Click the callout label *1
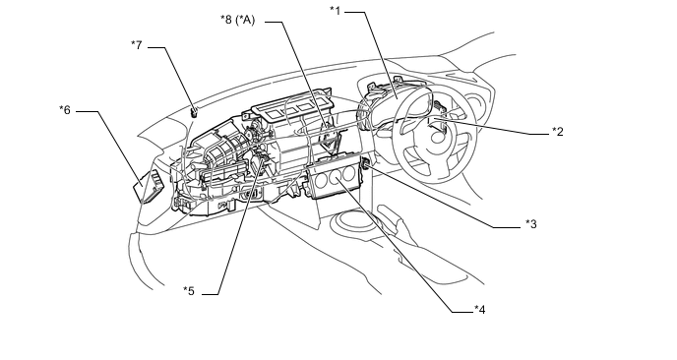pyautogui.click(x=335, y=11)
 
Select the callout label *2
pyautogui.click(x=558, y=132)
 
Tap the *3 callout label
pyautogui.click(x=531, y=224)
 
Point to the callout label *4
pyautogui.click(x=479, y=310)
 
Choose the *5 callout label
pyautogui.click(x=189, y=291)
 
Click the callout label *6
pyautogui.click(x=65, y=110)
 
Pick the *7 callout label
pyautogui.click(x=137, y=45)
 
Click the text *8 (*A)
pyautogui.click(x=238, y=20)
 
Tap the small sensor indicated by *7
pyautogui.click(x=194, y=112)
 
